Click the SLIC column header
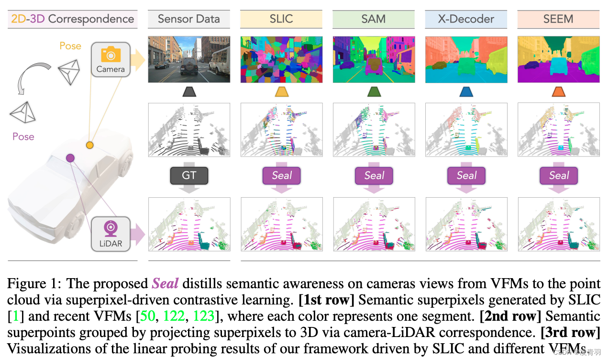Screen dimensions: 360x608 click(281, 19)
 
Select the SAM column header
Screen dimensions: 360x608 click(374, 19)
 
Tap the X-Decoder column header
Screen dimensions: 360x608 click(466, 19)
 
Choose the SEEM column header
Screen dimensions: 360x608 click(558, 19)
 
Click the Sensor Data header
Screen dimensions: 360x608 click(189, 19)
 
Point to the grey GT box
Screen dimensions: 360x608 click(189, 176)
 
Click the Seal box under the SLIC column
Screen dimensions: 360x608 click(281, 176)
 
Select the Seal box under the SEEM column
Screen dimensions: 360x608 click(558, 176)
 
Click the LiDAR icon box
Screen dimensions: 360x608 click(111, 233)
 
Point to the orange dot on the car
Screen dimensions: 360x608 click(89, 145)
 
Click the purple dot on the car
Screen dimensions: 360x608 click(70, 157)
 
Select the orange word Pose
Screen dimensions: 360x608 click(70, 46)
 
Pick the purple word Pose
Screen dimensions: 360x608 click(23, 136)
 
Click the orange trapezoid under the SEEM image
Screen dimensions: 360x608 click(558, 91)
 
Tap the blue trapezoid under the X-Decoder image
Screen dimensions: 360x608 click(466, 91)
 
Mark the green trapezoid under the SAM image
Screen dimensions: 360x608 click(374, 91)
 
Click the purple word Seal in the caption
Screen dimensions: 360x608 click(165, 283)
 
